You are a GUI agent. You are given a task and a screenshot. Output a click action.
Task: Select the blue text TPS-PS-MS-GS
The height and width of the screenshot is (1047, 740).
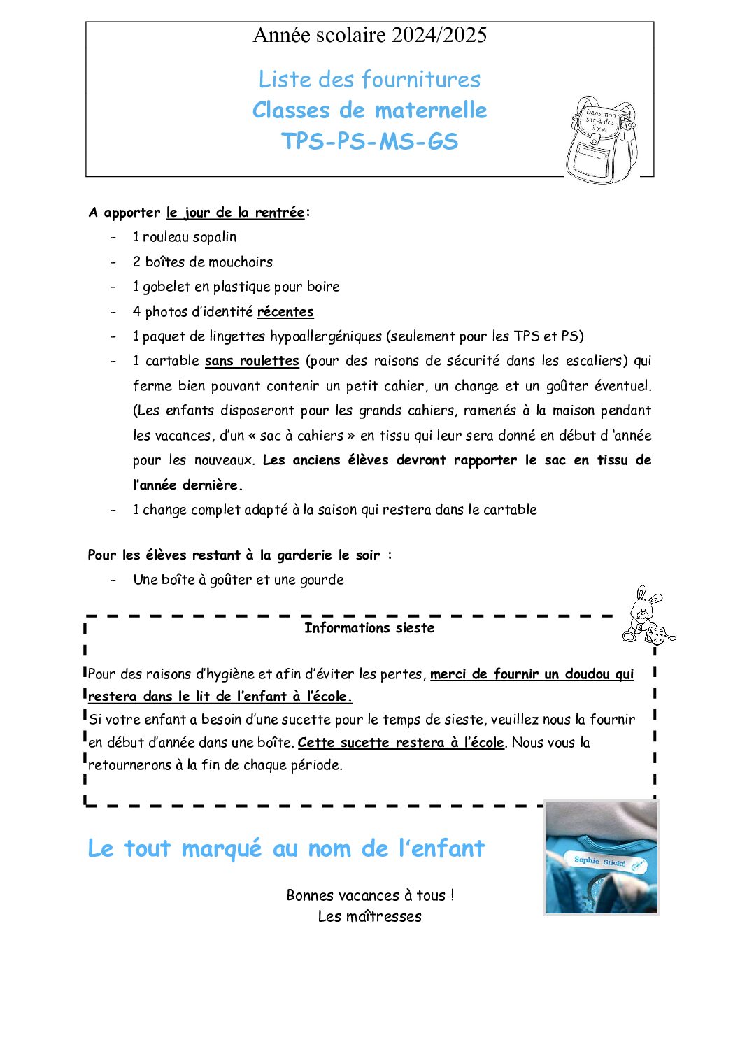point(369,142)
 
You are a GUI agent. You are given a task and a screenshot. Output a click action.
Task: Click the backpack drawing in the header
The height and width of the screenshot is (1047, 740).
point(602,141)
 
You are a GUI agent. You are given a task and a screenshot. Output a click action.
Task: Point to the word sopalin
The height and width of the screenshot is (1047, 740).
point(215,237)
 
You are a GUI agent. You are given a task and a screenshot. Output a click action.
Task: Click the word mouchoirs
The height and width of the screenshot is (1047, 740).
point(240,262)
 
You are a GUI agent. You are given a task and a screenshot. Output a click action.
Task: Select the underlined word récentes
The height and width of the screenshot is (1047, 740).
point(285,312)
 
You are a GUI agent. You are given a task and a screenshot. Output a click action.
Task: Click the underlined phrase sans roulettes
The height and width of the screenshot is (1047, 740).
point(252,361)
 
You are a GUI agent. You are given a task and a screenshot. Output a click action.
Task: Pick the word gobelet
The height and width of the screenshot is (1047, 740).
point(166,287)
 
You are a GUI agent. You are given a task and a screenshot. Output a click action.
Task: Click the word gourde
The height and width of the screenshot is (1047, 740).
point(322,580)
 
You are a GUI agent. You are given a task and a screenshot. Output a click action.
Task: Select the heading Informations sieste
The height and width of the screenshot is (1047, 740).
point(369,628)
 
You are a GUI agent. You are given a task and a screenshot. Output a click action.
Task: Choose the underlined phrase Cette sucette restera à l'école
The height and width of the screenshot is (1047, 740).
point(401,743)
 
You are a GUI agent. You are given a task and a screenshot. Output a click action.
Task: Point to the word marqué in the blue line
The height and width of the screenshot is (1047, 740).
point(221,849)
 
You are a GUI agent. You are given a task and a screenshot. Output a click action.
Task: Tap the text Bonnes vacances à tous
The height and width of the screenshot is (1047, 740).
point(370,896)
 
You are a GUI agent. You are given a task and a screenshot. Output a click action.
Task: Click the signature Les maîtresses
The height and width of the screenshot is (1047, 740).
point(369,917)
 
